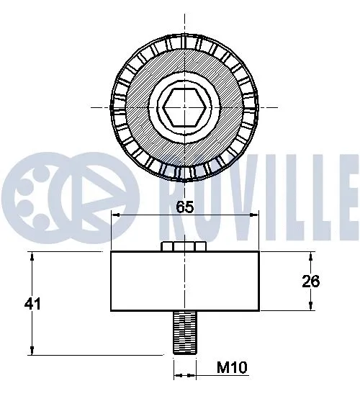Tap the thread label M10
pos(233,369)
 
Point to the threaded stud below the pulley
pos(185,332)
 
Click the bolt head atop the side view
pos(185,247)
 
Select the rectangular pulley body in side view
pos(185,282)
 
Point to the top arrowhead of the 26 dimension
pos(312,256)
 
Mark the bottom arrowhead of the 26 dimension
pos(312,307)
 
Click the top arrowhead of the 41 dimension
pos(32,256)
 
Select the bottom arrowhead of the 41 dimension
pos(32,351)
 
